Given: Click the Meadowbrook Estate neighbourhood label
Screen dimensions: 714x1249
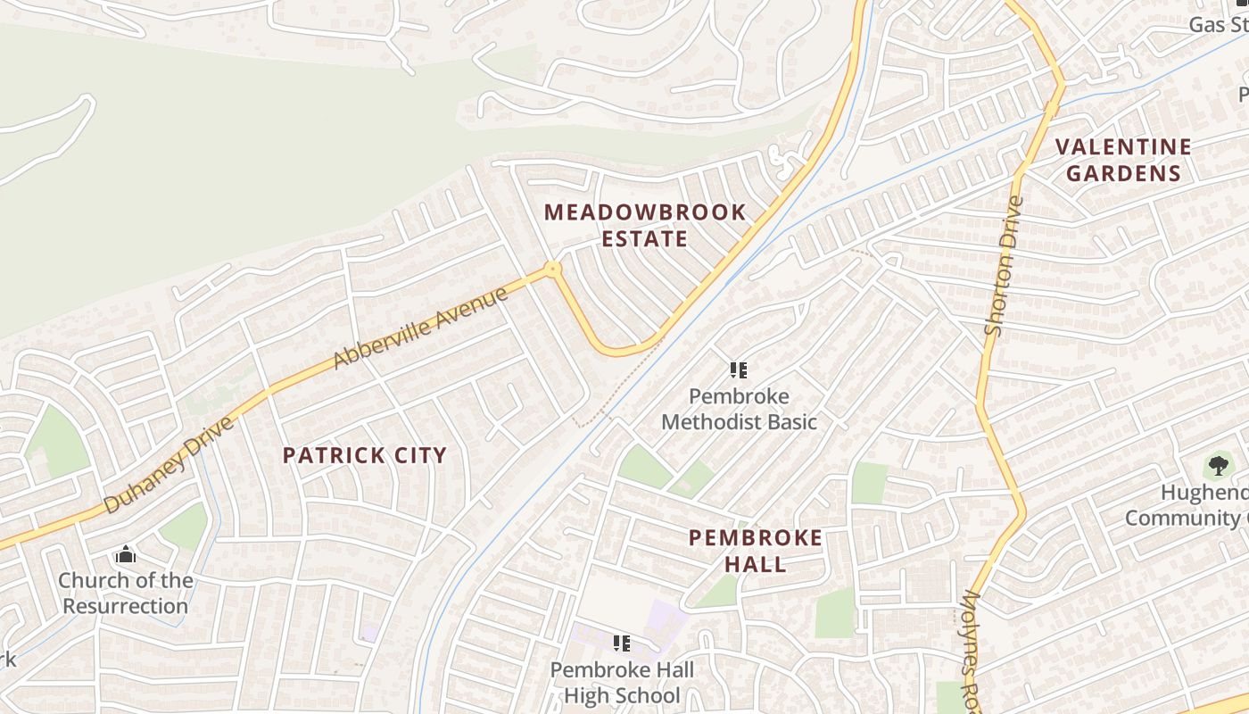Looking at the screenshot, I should [644, 225].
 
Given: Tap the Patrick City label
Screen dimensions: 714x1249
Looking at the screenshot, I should [364, 455].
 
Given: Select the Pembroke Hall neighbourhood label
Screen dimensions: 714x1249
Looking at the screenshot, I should [756, 550].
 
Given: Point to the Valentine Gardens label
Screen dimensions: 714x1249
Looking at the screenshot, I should [1123, 160].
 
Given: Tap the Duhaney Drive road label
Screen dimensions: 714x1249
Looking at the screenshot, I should [169, 464].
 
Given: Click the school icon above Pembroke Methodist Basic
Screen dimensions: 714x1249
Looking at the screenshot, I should [738, 369].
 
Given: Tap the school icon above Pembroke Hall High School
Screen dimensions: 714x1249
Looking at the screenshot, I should [622, 643].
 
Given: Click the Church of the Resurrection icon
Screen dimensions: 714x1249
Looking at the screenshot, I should [125, 555].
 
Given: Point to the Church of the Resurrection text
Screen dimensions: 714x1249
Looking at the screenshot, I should [125, 593].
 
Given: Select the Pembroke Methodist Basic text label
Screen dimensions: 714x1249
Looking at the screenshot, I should [739, 409].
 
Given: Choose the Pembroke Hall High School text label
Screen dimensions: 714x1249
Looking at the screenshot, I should [622, 682].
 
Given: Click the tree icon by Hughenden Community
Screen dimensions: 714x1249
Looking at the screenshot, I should [1218, 465].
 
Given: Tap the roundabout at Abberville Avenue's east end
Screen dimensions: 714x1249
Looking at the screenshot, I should [553, 268].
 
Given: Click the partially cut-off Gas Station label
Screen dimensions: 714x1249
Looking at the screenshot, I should [1219, 24].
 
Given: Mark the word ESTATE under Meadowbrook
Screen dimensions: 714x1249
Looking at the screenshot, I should [644, 238].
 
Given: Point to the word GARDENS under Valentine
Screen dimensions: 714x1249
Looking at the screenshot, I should [1123, 172].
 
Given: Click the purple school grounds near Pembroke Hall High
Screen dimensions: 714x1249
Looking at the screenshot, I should [667, 616].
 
